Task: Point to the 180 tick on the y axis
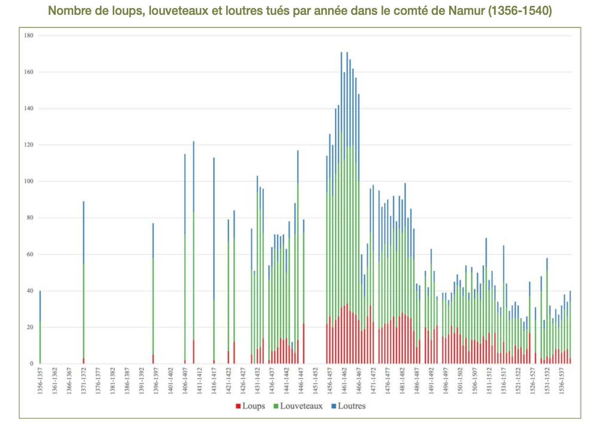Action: tap(29, 36)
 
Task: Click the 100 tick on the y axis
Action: tap(29, 181)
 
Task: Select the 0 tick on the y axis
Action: tap(32, 364)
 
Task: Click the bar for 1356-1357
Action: tap(40, 327)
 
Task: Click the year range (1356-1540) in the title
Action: tap(520, 11)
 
